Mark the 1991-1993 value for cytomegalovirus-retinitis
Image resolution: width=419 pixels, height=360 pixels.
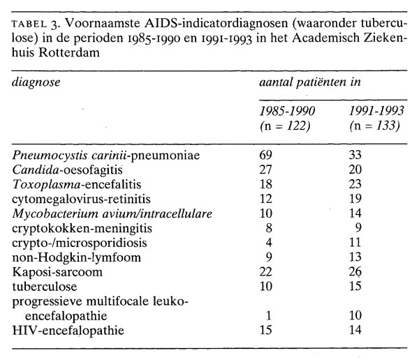(x=358, y=197)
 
